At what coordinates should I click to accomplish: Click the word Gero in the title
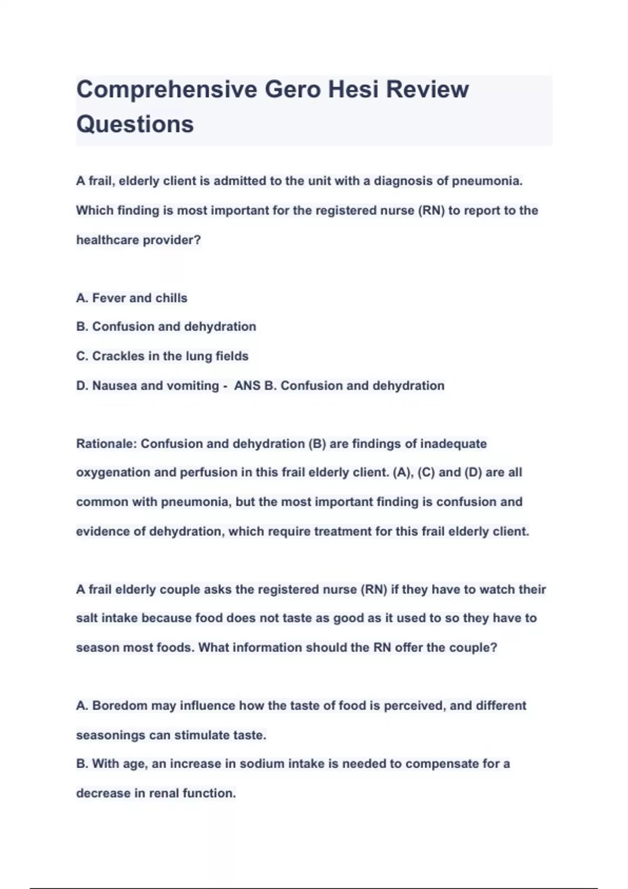point(293,89)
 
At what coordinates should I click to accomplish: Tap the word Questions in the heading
point(135,124)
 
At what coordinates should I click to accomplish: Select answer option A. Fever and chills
point(132,298)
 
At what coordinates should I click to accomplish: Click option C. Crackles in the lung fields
point(162,356)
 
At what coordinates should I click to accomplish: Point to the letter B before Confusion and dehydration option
point(81,327)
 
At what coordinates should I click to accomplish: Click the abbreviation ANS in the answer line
point(247,386)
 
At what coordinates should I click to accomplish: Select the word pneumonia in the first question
point(487,181)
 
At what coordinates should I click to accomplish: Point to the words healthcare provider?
point(139,240)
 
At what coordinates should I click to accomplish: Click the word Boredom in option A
point(120,706)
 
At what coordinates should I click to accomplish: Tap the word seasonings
point(110,735)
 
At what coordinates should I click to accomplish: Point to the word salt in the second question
point(87,618)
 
